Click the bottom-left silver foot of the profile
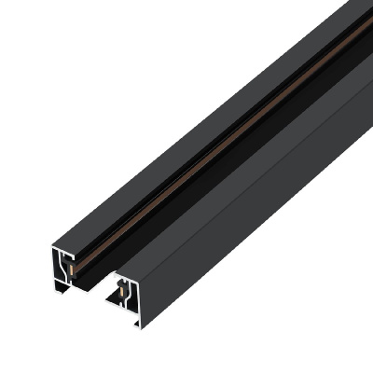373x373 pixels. (x=58, y=292)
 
